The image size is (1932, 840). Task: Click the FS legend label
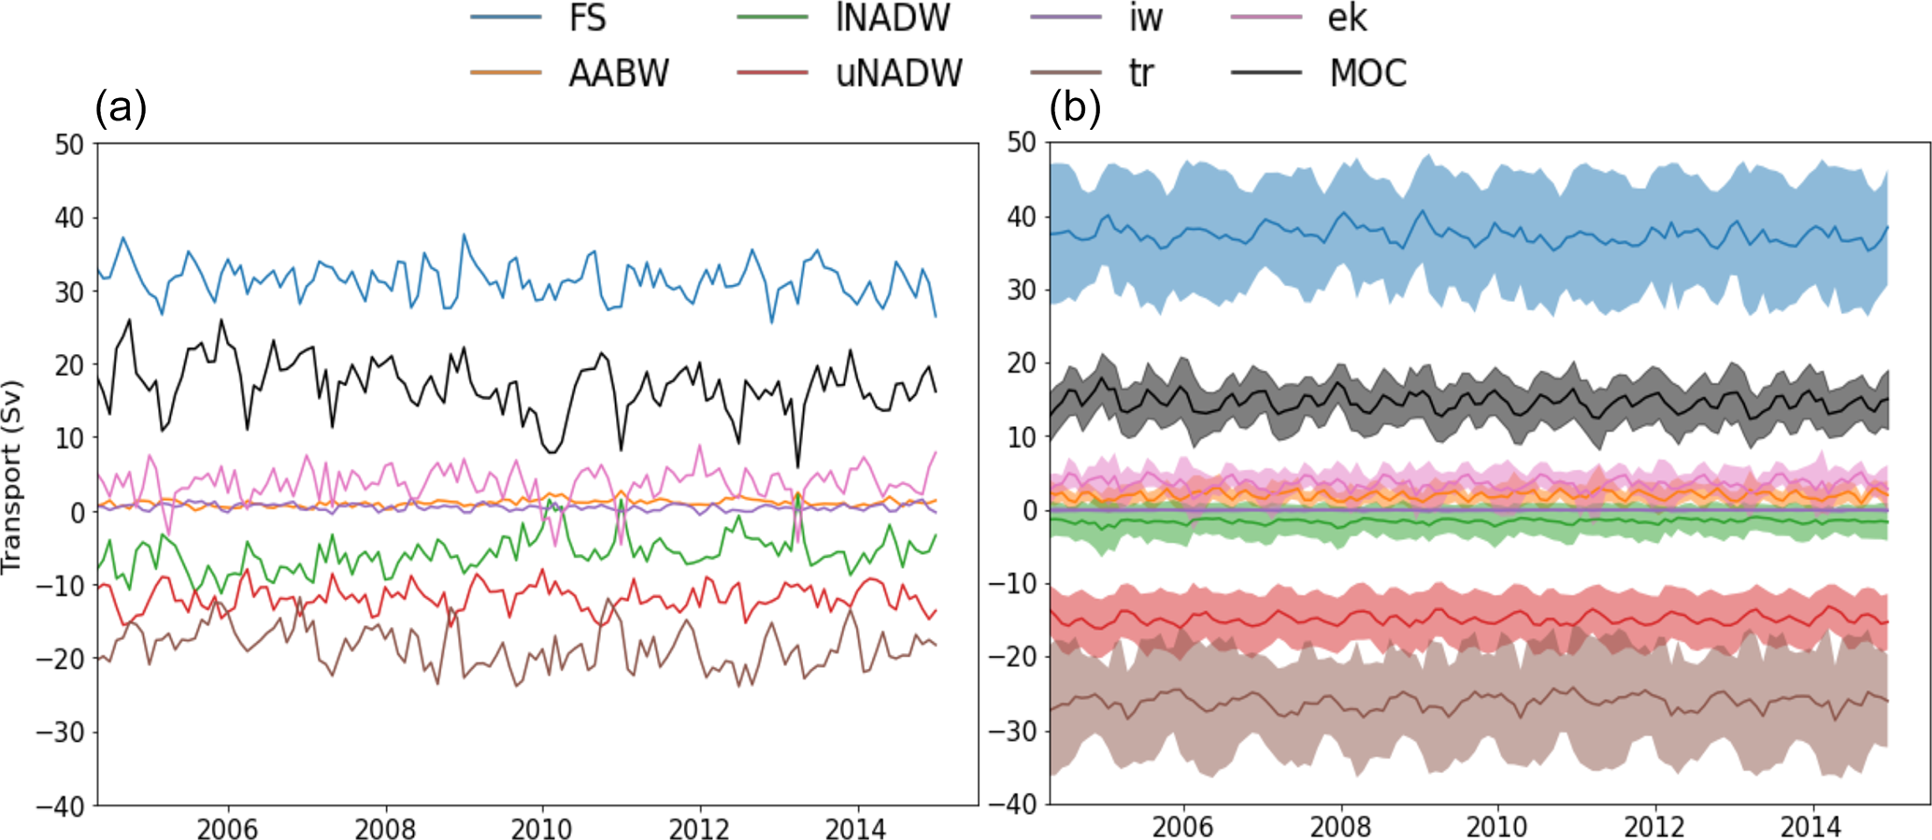pos(587,18)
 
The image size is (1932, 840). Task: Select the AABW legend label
pos(618,73)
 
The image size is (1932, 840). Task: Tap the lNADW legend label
pos(894,18)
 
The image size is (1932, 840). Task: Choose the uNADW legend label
pos(899,73)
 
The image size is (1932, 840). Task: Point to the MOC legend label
pos(1367,73)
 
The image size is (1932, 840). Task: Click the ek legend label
pos(1347,18)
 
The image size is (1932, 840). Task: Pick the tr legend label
pos(1141,73)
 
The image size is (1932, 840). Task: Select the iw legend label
pos(1145,18)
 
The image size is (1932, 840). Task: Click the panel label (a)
pos(121,108)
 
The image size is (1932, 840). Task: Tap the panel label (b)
pos(1075,108)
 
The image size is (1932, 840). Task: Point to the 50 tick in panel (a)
pos(69,145)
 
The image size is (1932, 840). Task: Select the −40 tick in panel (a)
pos(60,805)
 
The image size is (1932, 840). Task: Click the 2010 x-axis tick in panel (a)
pos(542,828)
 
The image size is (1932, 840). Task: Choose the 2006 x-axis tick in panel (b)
pos(1183,827)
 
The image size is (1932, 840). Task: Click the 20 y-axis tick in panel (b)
pos(1023,363)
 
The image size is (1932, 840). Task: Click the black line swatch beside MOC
pos(1266,73)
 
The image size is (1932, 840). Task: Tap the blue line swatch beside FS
pos(506,18)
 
